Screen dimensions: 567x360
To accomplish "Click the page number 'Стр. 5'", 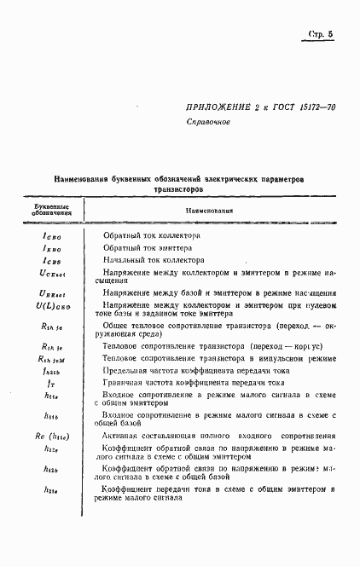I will point(320,35).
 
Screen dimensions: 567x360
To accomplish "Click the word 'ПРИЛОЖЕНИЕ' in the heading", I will point(218,107).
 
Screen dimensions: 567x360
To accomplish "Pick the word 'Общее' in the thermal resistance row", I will point(119,326).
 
